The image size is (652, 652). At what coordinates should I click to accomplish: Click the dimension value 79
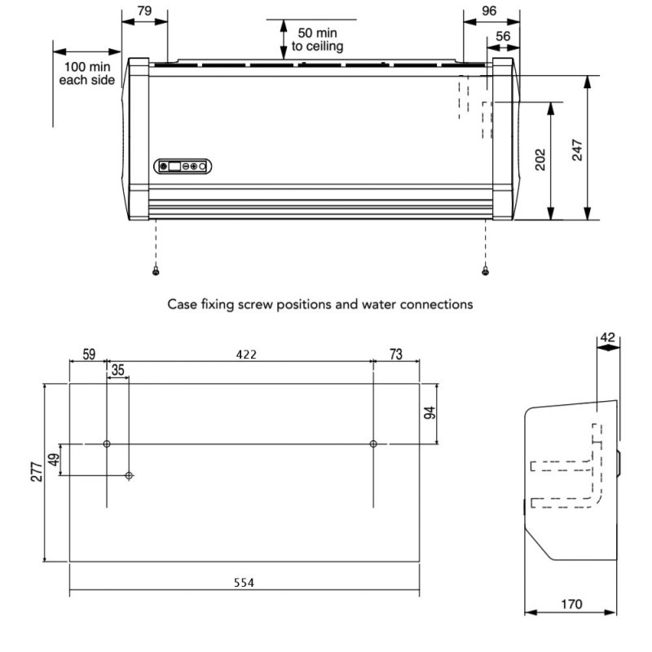143,11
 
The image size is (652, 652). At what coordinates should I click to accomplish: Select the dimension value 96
489,11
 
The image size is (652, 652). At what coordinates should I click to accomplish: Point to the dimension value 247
577,148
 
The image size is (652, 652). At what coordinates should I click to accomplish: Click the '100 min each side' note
87,72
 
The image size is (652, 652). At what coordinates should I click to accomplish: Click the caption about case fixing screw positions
320,304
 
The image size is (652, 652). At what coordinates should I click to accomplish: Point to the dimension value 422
246,355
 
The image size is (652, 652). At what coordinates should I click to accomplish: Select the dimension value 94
430,412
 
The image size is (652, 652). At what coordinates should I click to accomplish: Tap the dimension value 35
118,370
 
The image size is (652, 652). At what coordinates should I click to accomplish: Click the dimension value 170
571,604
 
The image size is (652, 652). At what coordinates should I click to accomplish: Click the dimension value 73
396,355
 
